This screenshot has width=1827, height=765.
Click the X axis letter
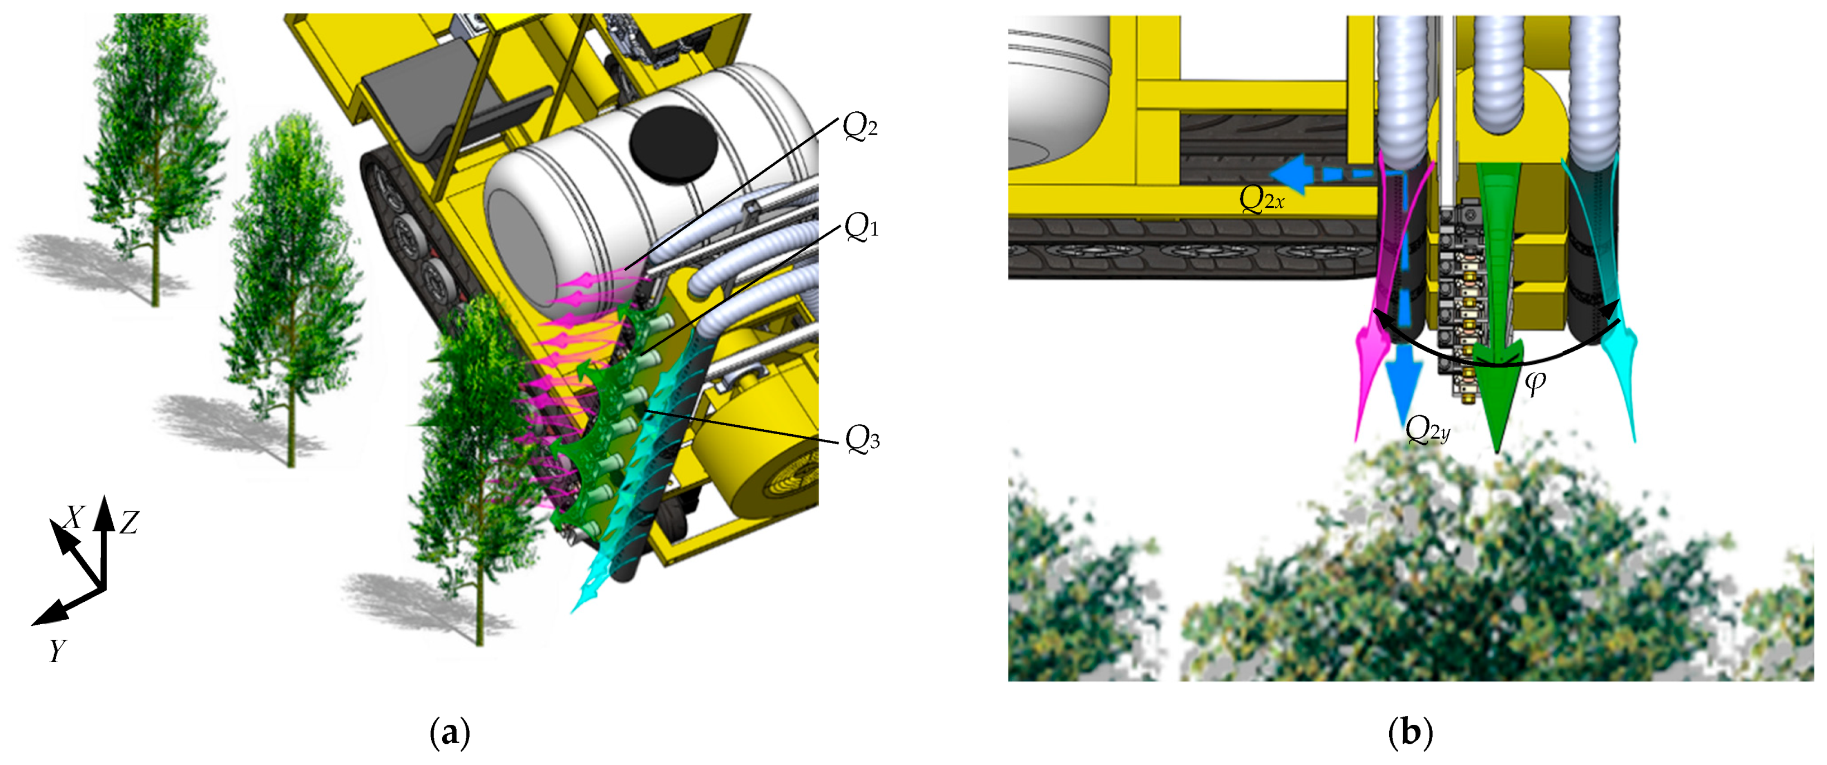click(74, 517)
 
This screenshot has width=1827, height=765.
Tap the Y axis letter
click(58, 650)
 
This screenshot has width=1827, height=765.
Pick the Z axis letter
click(128, 523)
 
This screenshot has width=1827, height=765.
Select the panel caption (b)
click(1409, 733)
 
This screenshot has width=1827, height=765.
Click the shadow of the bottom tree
click(425, 603)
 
